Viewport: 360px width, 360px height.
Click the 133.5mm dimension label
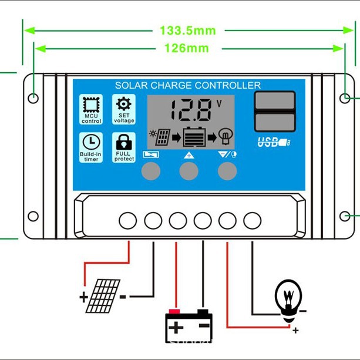coord(188,31)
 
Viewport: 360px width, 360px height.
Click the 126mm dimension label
coord(186,49)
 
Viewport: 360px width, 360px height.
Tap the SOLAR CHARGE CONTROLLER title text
coord(188,85)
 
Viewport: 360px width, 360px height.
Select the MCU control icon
coord(91,106)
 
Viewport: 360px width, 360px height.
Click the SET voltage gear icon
coord(124,105)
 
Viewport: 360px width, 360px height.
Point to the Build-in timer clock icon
coord(91,142)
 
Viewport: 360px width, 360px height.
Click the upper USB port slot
coord(274,100)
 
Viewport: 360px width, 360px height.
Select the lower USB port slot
coord(274,122)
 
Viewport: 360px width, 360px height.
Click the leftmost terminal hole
coord(127,221)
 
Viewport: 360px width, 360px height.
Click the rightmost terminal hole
coord(252,221)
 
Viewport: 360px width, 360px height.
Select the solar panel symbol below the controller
coord(103,295)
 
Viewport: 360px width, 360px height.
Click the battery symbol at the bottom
coord(189,324)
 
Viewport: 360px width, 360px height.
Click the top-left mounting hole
coord(33,98)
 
